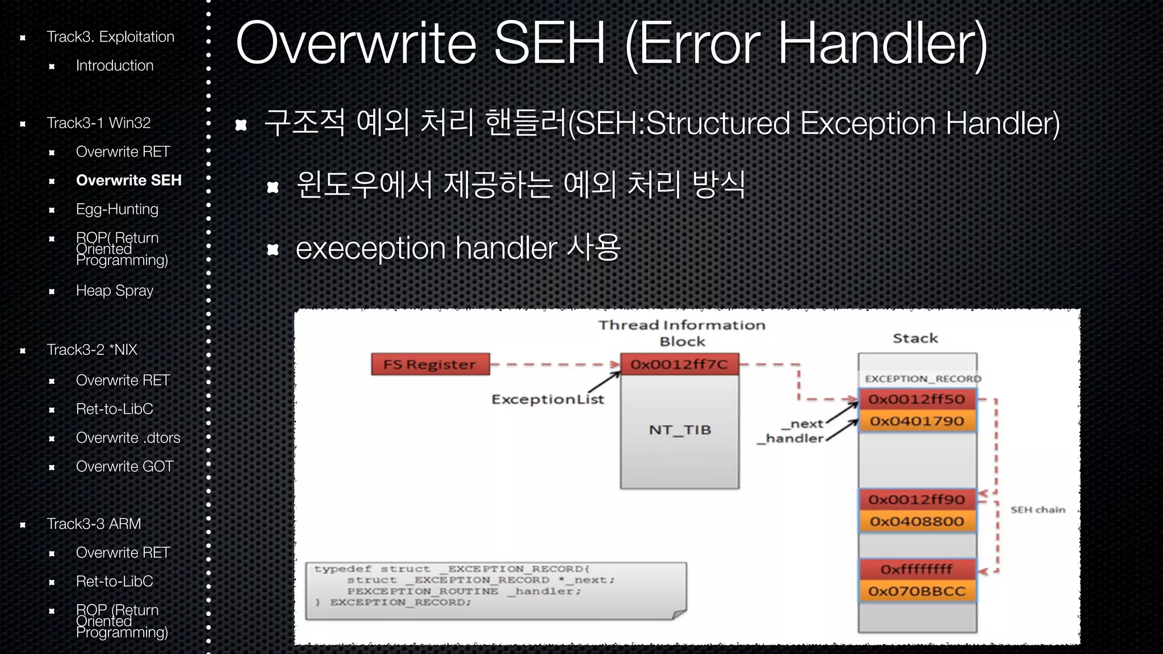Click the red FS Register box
(430, 364)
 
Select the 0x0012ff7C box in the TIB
(679, 364)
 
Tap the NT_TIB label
(680, 430)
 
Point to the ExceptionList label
(547, 400)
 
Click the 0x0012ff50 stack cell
(917, 399)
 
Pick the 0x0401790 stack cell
(917, 421)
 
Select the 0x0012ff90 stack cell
(917, 500)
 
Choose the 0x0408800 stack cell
(917, 521)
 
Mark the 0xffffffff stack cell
(917, 569)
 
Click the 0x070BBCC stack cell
(917, 592)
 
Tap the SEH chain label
(1038, 510)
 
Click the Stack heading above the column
(915, 338)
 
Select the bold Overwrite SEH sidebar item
(128, 181)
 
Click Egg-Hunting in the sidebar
(117, 209)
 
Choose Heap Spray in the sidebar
(115, 291)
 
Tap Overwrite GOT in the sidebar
(124, 467)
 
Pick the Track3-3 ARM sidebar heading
(94, 524)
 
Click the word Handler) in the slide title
(882, 44)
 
